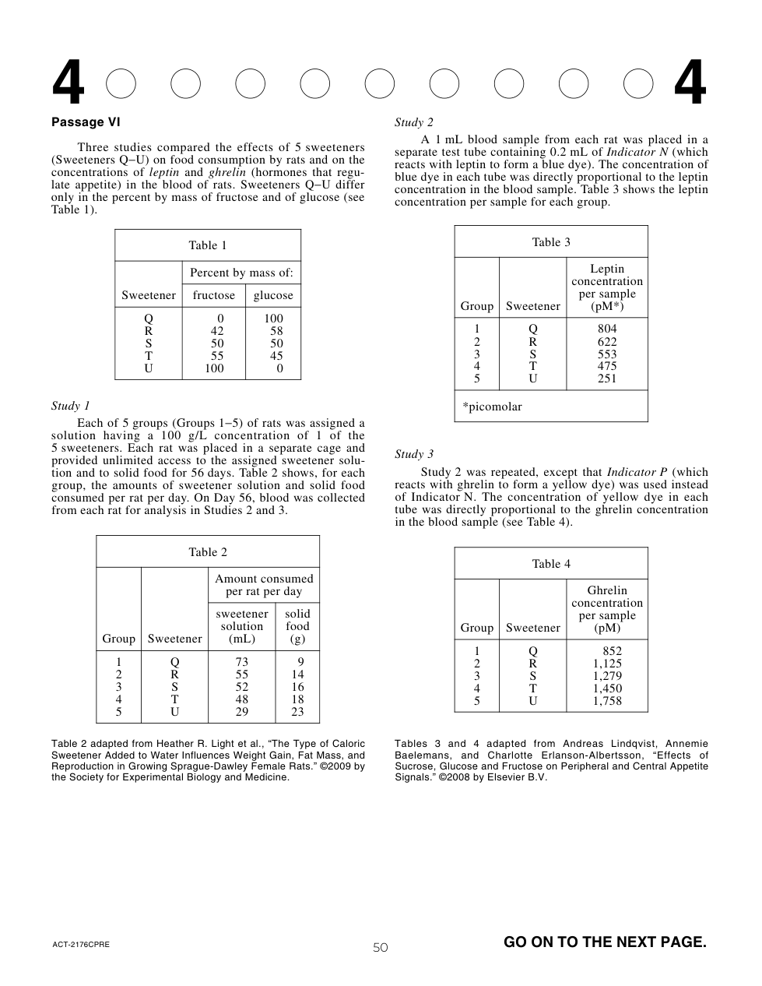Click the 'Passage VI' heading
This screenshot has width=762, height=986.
86,122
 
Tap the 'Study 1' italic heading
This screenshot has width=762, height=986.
71,406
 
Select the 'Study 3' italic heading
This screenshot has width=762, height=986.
414,454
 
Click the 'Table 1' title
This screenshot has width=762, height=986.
208,245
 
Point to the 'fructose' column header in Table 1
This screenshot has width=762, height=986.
214,295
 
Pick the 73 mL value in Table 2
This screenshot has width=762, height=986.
242,662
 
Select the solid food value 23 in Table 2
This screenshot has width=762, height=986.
297,712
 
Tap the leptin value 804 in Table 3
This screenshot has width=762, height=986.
607,329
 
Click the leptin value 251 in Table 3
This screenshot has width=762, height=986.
607,379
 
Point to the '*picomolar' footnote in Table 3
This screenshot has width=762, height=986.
493,407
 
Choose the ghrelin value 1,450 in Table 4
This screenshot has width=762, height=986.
607,688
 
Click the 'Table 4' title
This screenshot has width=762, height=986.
551,564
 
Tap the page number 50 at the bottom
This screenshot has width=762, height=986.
380,947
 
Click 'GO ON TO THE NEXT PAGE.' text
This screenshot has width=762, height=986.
605,942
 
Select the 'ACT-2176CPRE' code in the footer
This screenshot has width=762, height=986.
81,945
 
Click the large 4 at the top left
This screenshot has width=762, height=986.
68,84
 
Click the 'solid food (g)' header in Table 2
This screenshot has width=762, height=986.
297,626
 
